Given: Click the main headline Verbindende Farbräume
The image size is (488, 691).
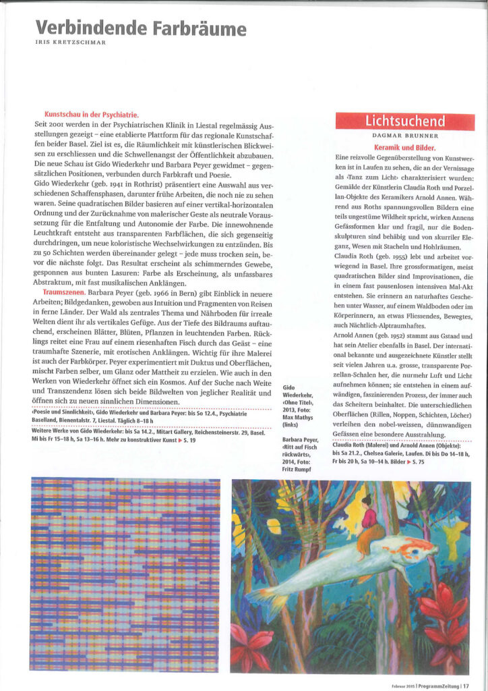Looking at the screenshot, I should pyautogui.click(x=140, y=28).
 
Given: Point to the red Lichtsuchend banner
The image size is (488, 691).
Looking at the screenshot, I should pyautogui.click(x=405, y=121).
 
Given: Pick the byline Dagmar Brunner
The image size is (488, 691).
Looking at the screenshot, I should pyautogui.click(x=404, y=136).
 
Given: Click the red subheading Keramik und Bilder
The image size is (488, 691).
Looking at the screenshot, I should pyautogui.click(x=404, y=146).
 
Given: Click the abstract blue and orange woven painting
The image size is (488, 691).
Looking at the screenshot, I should pyautogui.click(x=125, y=574).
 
